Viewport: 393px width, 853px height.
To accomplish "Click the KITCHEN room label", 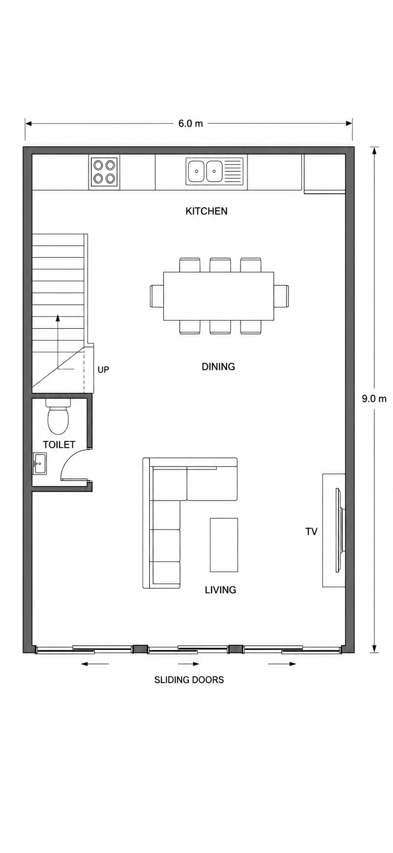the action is point(206,211).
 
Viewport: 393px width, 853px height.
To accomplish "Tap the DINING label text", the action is point(218,367).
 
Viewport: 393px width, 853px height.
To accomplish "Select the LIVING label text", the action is point(220,590).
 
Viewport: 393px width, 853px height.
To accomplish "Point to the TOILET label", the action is point(59,444).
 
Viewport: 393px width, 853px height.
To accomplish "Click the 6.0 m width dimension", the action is point(191,123).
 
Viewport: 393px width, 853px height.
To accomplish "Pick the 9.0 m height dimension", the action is point(374,399).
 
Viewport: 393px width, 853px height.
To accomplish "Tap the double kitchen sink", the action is point(214,171).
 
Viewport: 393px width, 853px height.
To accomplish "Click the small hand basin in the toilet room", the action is point(40,464).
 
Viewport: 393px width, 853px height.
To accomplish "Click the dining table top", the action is point(219,296).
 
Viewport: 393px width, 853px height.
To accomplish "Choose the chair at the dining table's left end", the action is point(157,296).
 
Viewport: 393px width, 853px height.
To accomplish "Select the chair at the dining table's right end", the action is point(281,296).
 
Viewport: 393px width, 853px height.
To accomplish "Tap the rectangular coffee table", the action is point(224,545).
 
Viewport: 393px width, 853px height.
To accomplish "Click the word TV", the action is point(311,531).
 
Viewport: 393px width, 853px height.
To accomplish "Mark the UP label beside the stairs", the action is point(103,369).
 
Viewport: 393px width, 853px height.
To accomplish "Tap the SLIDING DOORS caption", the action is point(189,680).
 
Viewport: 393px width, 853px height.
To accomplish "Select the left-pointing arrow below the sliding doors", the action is point(95,664).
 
